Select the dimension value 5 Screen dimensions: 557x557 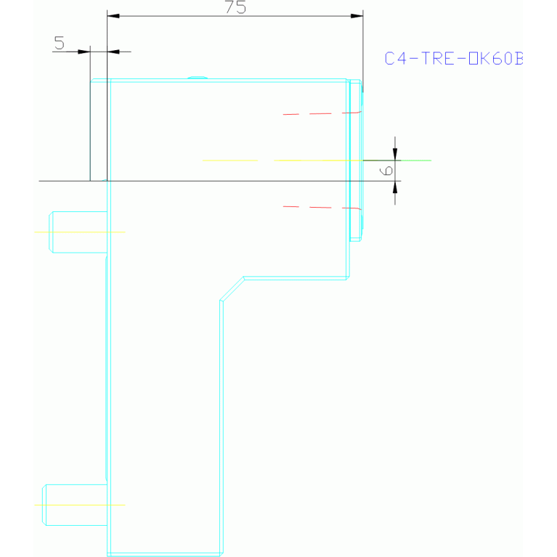tap(60, 44)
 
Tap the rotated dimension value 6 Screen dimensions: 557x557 tap(388, 170)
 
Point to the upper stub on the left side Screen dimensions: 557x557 tap(78, 232)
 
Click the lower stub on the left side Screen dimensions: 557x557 tap(76, 504)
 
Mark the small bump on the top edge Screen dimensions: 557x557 tap(198, 77)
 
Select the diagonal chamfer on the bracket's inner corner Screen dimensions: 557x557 tap(232, 288)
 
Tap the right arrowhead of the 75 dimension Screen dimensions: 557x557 tap(357, 16)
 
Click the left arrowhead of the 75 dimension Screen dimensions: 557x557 tap(113, 16)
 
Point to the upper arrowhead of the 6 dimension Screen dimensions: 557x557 tap(395, 154)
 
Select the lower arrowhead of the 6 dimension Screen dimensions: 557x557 tap(395, 186)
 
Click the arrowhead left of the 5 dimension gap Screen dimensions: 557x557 tap(84, 52)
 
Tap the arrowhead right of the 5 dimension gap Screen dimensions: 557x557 tap(113, 52)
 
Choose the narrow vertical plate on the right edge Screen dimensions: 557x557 tap(355, 160)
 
